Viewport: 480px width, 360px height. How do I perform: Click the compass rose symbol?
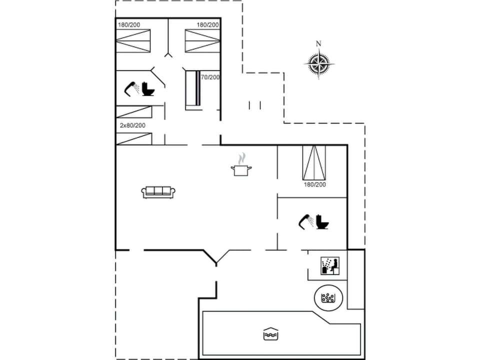[319, 63]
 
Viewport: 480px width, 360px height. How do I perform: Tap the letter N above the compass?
[318, 43]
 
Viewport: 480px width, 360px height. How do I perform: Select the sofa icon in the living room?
[158, 192]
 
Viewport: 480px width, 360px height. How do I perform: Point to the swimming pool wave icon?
[270, 334]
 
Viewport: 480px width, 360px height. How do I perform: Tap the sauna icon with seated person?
[330, 265]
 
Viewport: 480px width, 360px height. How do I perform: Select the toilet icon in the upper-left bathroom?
[147, 89]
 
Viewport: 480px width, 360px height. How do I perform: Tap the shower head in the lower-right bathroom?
[306, 220]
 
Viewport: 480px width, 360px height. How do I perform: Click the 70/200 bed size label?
[210, 77]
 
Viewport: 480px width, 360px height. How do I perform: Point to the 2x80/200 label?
[132, 125]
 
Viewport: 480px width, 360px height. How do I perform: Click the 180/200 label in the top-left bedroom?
[129, 24]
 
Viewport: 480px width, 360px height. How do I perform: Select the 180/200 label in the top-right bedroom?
[207, 24]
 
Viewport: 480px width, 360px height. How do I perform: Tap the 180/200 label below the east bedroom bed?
[314, 184]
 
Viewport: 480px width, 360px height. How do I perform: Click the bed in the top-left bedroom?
[133, 40]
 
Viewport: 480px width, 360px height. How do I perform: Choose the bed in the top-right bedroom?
[202, 40]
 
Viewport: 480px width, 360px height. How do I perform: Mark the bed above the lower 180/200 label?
[314, 162]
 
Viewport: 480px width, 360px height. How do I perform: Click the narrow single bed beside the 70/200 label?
[192, 89]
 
